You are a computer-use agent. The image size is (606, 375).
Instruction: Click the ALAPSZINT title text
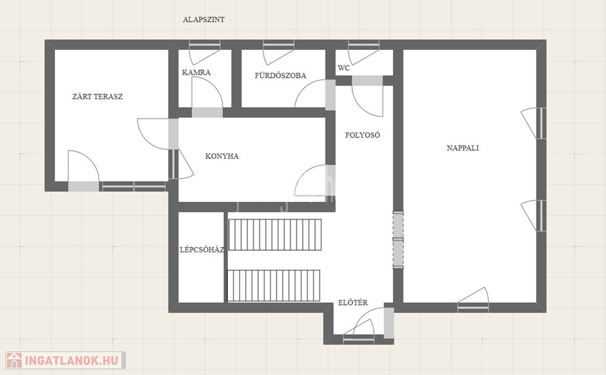pos(204,20)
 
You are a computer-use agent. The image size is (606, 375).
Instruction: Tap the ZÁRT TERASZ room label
pos(98,97)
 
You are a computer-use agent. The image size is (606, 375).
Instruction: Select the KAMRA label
pos(196,72)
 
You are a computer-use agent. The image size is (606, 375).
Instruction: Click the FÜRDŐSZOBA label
pos(280,75)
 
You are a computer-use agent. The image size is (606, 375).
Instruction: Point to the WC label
pos(344,68)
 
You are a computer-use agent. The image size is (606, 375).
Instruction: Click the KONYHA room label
pos(222,156)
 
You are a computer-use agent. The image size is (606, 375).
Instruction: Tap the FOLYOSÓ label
pos(363,135)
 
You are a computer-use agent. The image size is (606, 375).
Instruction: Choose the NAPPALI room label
pos(463,148)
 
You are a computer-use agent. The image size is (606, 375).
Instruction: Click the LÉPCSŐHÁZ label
pos(202,249)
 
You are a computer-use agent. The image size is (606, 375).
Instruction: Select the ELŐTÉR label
pos(353,303)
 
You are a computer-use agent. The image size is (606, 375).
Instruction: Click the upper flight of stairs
pos(275,235)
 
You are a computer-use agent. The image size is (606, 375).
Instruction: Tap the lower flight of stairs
pos(273,286)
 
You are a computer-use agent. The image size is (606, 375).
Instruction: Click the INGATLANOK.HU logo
pos(66,360)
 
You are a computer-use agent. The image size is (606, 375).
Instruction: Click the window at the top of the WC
pos(364,45)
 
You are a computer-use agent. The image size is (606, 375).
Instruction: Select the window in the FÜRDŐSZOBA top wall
pos(278,45)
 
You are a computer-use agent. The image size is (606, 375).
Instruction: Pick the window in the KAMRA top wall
pos(204,45)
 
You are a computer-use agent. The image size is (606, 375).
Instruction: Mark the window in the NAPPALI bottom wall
pos(473,307)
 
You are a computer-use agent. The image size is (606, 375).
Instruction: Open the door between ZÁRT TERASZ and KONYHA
pos(173,134)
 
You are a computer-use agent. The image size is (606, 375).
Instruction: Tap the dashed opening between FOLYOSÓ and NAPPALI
pos(398,240)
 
